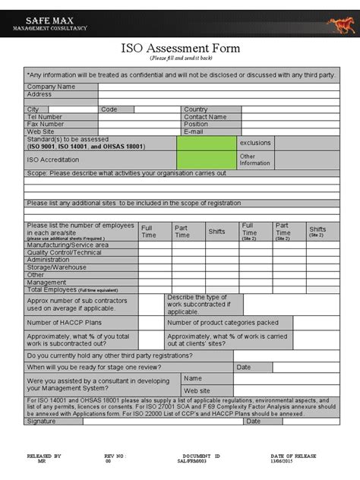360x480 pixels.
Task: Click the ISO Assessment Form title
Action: [180, 48]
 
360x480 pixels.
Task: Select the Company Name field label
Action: [51, 87]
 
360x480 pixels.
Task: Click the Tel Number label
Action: [45, 117]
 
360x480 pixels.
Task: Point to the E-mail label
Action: [194, 131]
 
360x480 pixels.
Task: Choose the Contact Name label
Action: [205, 117]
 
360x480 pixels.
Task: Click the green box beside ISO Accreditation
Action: [206, 159]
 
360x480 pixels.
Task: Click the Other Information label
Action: [254, 159]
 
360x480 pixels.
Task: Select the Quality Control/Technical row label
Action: [65, 253]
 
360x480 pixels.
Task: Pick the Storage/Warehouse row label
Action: [56, 267]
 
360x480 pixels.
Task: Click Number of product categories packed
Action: [223, 322]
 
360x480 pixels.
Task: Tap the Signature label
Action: [42, 421]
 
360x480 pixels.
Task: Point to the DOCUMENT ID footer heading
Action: [201, 456]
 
